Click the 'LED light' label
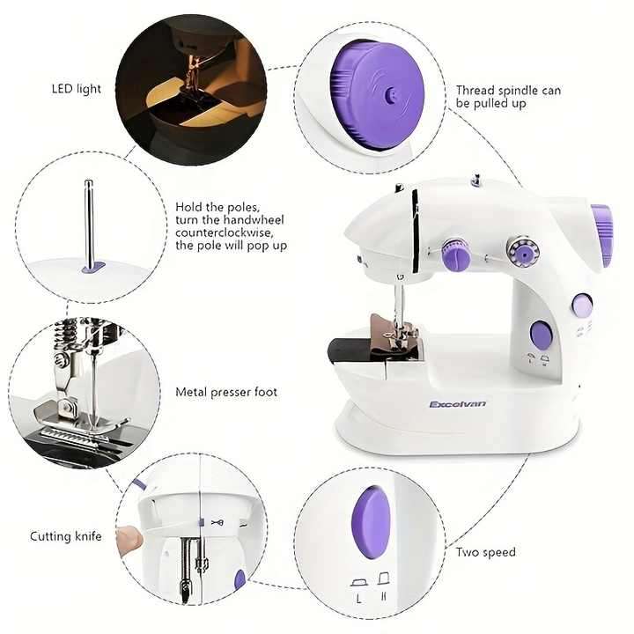76,89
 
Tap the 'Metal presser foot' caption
226,392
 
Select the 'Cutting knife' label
66,536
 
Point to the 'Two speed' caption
485,552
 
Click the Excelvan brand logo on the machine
457,404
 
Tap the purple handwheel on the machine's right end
602,235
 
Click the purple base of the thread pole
92,265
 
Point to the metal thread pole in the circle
89,220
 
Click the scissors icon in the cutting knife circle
217,522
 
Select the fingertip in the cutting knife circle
131,537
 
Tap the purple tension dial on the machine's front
455,256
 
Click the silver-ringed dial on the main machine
522,251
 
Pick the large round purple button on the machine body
542,335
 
